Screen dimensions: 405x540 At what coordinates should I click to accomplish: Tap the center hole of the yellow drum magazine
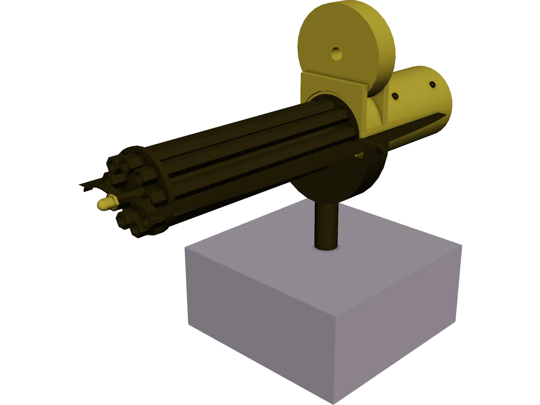pos(336,54)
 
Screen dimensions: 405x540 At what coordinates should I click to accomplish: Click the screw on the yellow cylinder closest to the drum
pos(395,97)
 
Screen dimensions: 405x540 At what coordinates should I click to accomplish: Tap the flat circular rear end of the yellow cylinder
pos(442,94)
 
